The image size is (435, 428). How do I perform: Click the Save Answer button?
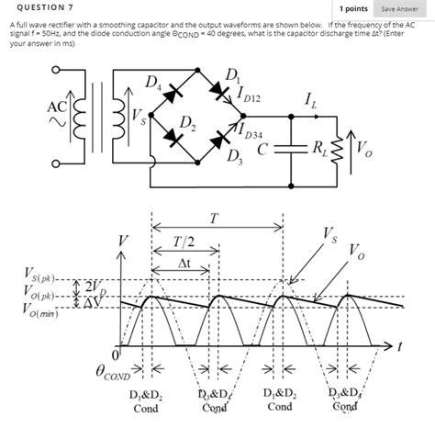401,8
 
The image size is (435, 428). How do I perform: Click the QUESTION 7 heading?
32,8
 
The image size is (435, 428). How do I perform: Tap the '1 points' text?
352,8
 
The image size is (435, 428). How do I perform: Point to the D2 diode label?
186,123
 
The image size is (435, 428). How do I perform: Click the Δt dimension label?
186,265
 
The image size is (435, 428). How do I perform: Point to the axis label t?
401,347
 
